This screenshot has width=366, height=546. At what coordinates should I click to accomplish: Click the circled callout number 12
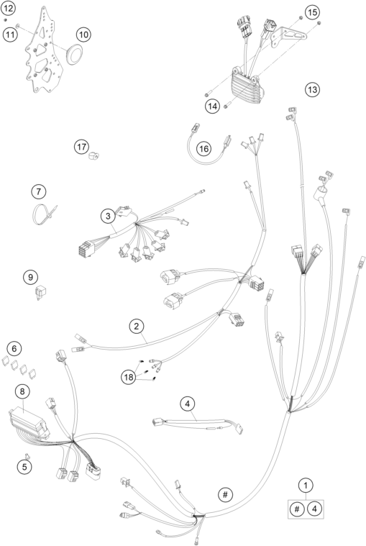(x=8, y=8)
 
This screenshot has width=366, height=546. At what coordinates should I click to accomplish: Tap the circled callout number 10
(x=83, y=35)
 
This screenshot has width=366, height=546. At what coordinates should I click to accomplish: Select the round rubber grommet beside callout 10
(x=74, y=55)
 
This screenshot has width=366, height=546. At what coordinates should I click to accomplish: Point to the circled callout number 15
(x=312, y=12)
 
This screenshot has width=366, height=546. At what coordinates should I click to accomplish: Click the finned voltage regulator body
(x=247, y=86)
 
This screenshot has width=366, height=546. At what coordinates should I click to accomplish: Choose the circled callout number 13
(x=312, y=89)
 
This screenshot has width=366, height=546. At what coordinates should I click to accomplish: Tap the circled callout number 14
(x=212, y=106)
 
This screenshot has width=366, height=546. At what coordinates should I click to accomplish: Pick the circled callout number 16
(x=204, y=149)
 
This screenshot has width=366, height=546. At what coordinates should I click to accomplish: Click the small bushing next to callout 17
(x=93, y=155)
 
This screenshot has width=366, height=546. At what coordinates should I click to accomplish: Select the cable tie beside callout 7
(x=43, y=213)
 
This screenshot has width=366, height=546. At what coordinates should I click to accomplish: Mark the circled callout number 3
(x=108, y=216)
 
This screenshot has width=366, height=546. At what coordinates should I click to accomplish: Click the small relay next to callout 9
(x=40, y=292)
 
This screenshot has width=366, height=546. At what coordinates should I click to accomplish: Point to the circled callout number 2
(x=137, y=327)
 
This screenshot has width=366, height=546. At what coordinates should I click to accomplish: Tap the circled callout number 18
(x=129, y=377)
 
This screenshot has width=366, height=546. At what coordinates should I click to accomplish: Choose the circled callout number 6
(x=14, y=348)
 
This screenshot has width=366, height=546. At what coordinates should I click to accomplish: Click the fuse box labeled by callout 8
(x=29, y=424)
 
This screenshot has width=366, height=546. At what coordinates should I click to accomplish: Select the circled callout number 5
(x=24, y=466)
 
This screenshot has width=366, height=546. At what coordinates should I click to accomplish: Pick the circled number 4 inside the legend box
(x=314, y=509)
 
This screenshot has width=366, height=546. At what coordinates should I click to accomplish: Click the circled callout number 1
(x=306, y=485)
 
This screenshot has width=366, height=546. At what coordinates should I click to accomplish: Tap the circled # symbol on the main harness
(x=226, y=494)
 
